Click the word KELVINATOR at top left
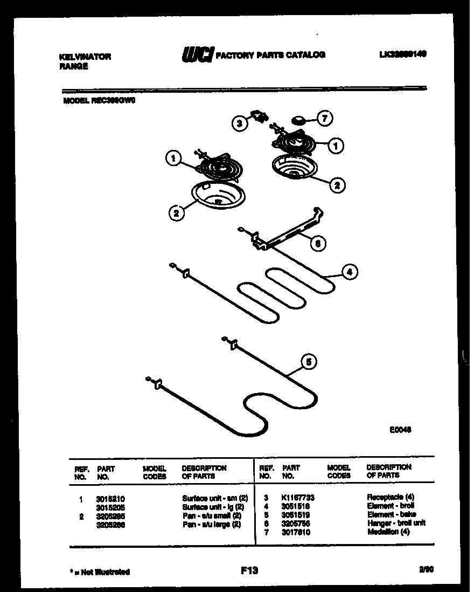[x=84, y=57]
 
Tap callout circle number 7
[x=325, y=119]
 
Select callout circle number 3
[x=240, y=123]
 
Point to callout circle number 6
[x=318, y=243]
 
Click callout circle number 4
[x=349, y=272]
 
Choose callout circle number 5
[x=308, y=362]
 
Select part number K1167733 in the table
[x=298, y=497]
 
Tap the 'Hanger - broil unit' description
[x=396, y=523]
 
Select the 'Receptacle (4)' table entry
[x=391, y=497]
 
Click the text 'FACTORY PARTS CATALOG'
[x=270, y=55]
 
